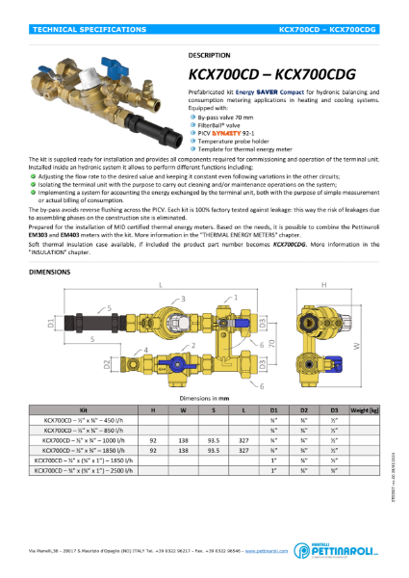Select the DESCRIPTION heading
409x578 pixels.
tap(208, 56)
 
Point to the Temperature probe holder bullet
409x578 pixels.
tap(241, 140)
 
